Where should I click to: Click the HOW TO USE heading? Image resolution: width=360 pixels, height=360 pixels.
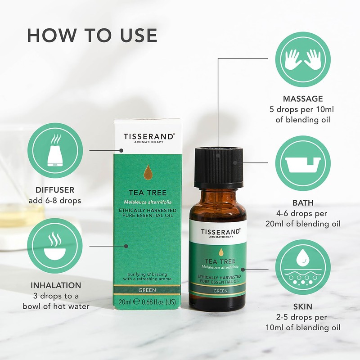tap(92, 36)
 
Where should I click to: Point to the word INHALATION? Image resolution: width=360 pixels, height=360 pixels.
tap(56, 285)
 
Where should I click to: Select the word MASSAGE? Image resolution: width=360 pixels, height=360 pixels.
tap(302, 99)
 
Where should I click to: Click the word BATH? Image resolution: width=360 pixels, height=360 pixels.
tap(302, 203)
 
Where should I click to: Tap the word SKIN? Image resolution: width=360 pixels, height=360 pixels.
tap(302, 306)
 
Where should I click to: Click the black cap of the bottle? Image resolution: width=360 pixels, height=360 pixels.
tap(218, 167)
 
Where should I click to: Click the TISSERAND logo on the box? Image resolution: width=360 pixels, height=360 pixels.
tap(149, 136)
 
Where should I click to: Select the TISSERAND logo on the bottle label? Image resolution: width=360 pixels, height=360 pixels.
tap(218, 231)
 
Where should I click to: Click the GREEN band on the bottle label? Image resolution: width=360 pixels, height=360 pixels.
tap(218, 291)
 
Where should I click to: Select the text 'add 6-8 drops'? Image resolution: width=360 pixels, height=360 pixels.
tap(55, 201)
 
